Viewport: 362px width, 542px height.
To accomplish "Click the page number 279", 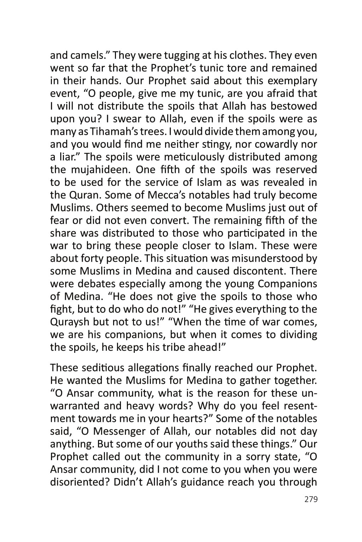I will (x=311, y=499).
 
